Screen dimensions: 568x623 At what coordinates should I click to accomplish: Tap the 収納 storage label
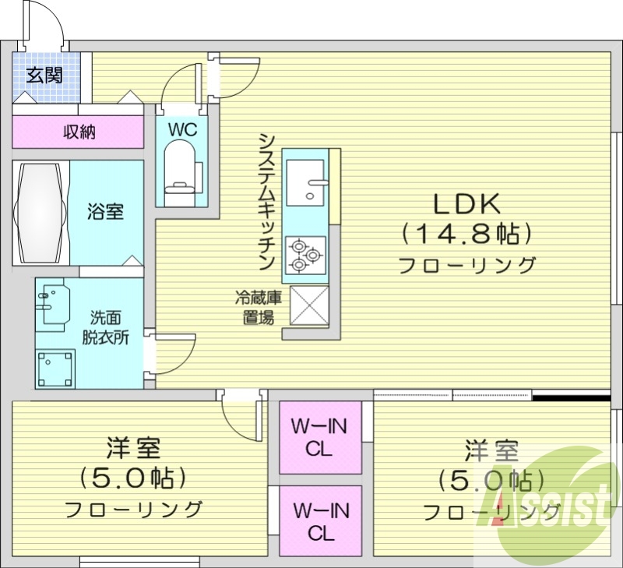coord(79,132)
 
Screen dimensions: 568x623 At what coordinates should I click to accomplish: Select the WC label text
coord(181,129)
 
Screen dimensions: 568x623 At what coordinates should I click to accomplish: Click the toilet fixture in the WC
coord(181,168)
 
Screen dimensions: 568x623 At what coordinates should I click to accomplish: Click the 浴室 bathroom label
coord(105,211)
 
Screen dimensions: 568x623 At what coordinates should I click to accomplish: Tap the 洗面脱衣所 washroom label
coord(106,327)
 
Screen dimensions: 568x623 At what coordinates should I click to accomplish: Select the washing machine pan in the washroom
coord(57,367)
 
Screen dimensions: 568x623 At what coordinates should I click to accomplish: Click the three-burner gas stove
coord(304,255)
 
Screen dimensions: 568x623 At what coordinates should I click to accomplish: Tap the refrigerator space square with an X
coord(309,305)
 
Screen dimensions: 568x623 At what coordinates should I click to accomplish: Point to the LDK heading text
coord(466,204)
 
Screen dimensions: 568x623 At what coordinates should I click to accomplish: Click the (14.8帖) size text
coord(466,234)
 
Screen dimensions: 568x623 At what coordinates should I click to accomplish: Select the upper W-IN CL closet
coord(320,437)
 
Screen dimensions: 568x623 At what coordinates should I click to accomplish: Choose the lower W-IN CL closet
coord(320,521)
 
